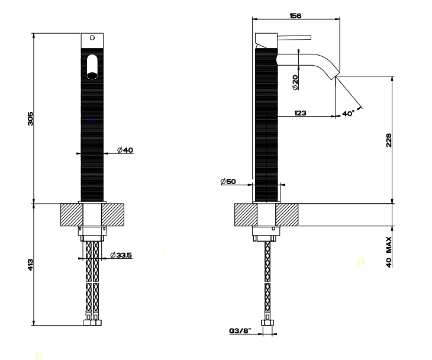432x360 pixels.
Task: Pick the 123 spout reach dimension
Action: click(298, 113)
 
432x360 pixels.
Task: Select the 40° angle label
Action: click(349, 113)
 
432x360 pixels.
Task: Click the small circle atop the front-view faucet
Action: click(92, 38)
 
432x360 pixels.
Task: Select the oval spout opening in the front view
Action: click(92, 66)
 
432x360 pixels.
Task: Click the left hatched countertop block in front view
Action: click(69, 215)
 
